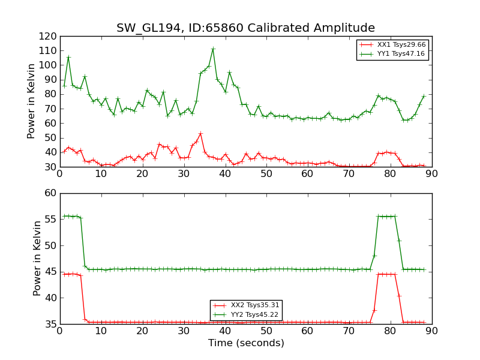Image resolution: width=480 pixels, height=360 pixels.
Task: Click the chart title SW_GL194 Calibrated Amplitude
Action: (x=245, y=28)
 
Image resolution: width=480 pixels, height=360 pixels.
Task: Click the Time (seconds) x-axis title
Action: (x=246, y=343)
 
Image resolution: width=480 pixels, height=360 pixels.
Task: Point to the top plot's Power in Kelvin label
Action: (x=32, y=101)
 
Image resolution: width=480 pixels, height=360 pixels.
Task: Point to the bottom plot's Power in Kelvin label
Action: (x=38, y=258)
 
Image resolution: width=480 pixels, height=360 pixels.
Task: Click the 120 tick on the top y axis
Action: (x=48, y=36)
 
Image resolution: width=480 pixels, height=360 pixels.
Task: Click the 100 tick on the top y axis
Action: (x=48, y=65)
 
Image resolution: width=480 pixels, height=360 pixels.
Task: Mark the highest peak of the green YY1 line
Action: (x=213, y=49)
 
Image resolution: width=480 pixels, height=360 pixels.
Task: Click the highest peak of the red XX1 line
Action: (x=200, y=133)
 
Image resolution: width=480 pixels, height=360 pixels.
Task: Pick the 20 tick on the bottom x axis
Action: (x=142, y=331)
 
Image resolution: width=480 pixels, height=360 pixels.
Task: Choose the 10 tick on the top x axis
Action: (x=101, y=173)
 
